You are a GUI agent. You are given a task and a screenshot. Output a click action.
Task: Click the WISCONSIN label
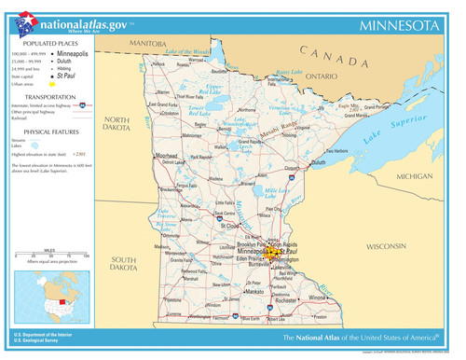coord(388,246)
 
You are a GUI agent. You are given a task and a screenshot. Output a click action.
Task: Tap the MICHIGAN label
coord(415,175)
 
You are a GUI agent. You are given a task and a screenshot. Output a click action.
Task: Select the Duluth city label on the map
coord(319,162)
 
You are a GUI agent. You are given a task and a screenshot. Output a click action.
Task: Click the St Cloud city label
coord(229,225)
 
